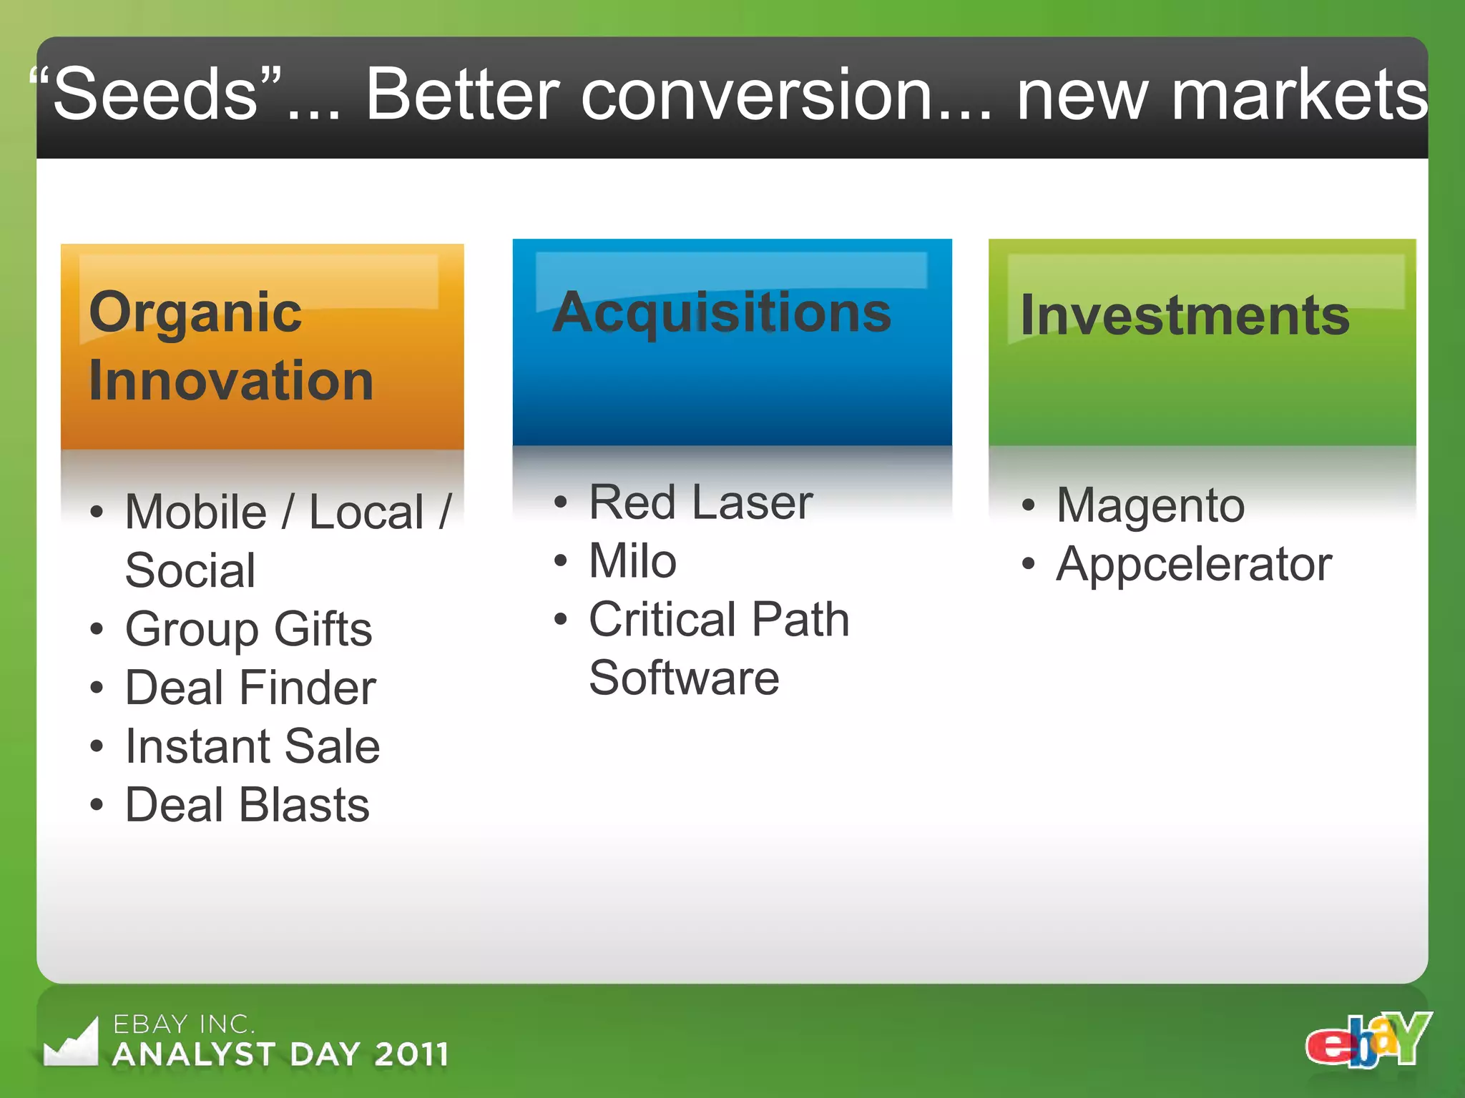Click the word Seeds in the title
155,94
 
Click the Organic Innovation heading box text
230,346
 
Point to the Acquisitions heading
722,313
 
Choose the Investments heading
1185,315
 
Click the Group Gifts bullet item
248,629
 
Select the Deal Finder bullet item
250,688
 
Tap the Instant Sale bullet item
252,746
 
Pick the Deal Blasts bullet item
247,805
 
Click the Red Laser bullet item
700,502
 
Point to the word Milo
632,560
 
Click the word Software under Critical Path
684,678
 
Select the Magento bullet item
1150,505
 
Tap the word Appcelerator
1194,565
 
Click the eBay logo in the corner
1368,1041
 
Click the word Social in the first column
190,570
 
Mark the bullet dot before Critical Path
561,619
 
